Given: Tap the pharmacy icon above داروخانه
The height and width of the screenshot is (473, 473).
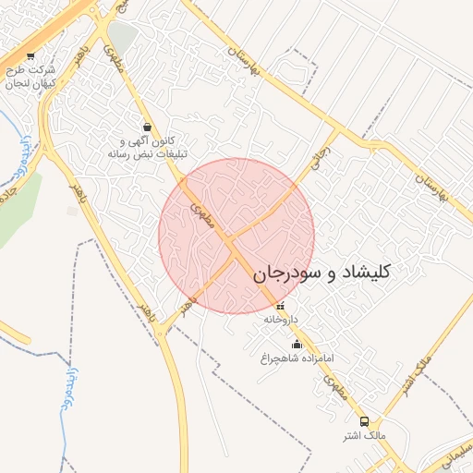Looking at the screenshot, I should [x=281, y=307].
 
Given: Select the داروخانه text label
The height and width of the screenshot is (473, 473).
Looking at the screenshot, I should [x=281, y=320].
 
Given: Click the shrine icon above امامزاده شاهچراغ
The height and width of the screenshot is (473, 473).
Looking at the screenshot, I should [x=297, y=345].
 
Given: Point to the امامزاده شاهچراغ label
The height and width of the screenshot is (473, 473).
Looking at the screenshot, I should [x=297, y=358].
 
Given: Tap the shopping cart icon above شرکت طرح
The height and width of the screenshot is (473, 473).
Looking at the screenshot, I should [x=31, y=55].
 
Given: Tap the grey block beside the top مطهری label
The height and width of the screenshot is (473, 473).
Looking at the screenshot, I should [x=123, y=38].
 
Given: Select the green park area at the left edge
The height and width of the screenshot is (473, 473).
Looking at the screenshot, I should [x=18, y=208].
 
